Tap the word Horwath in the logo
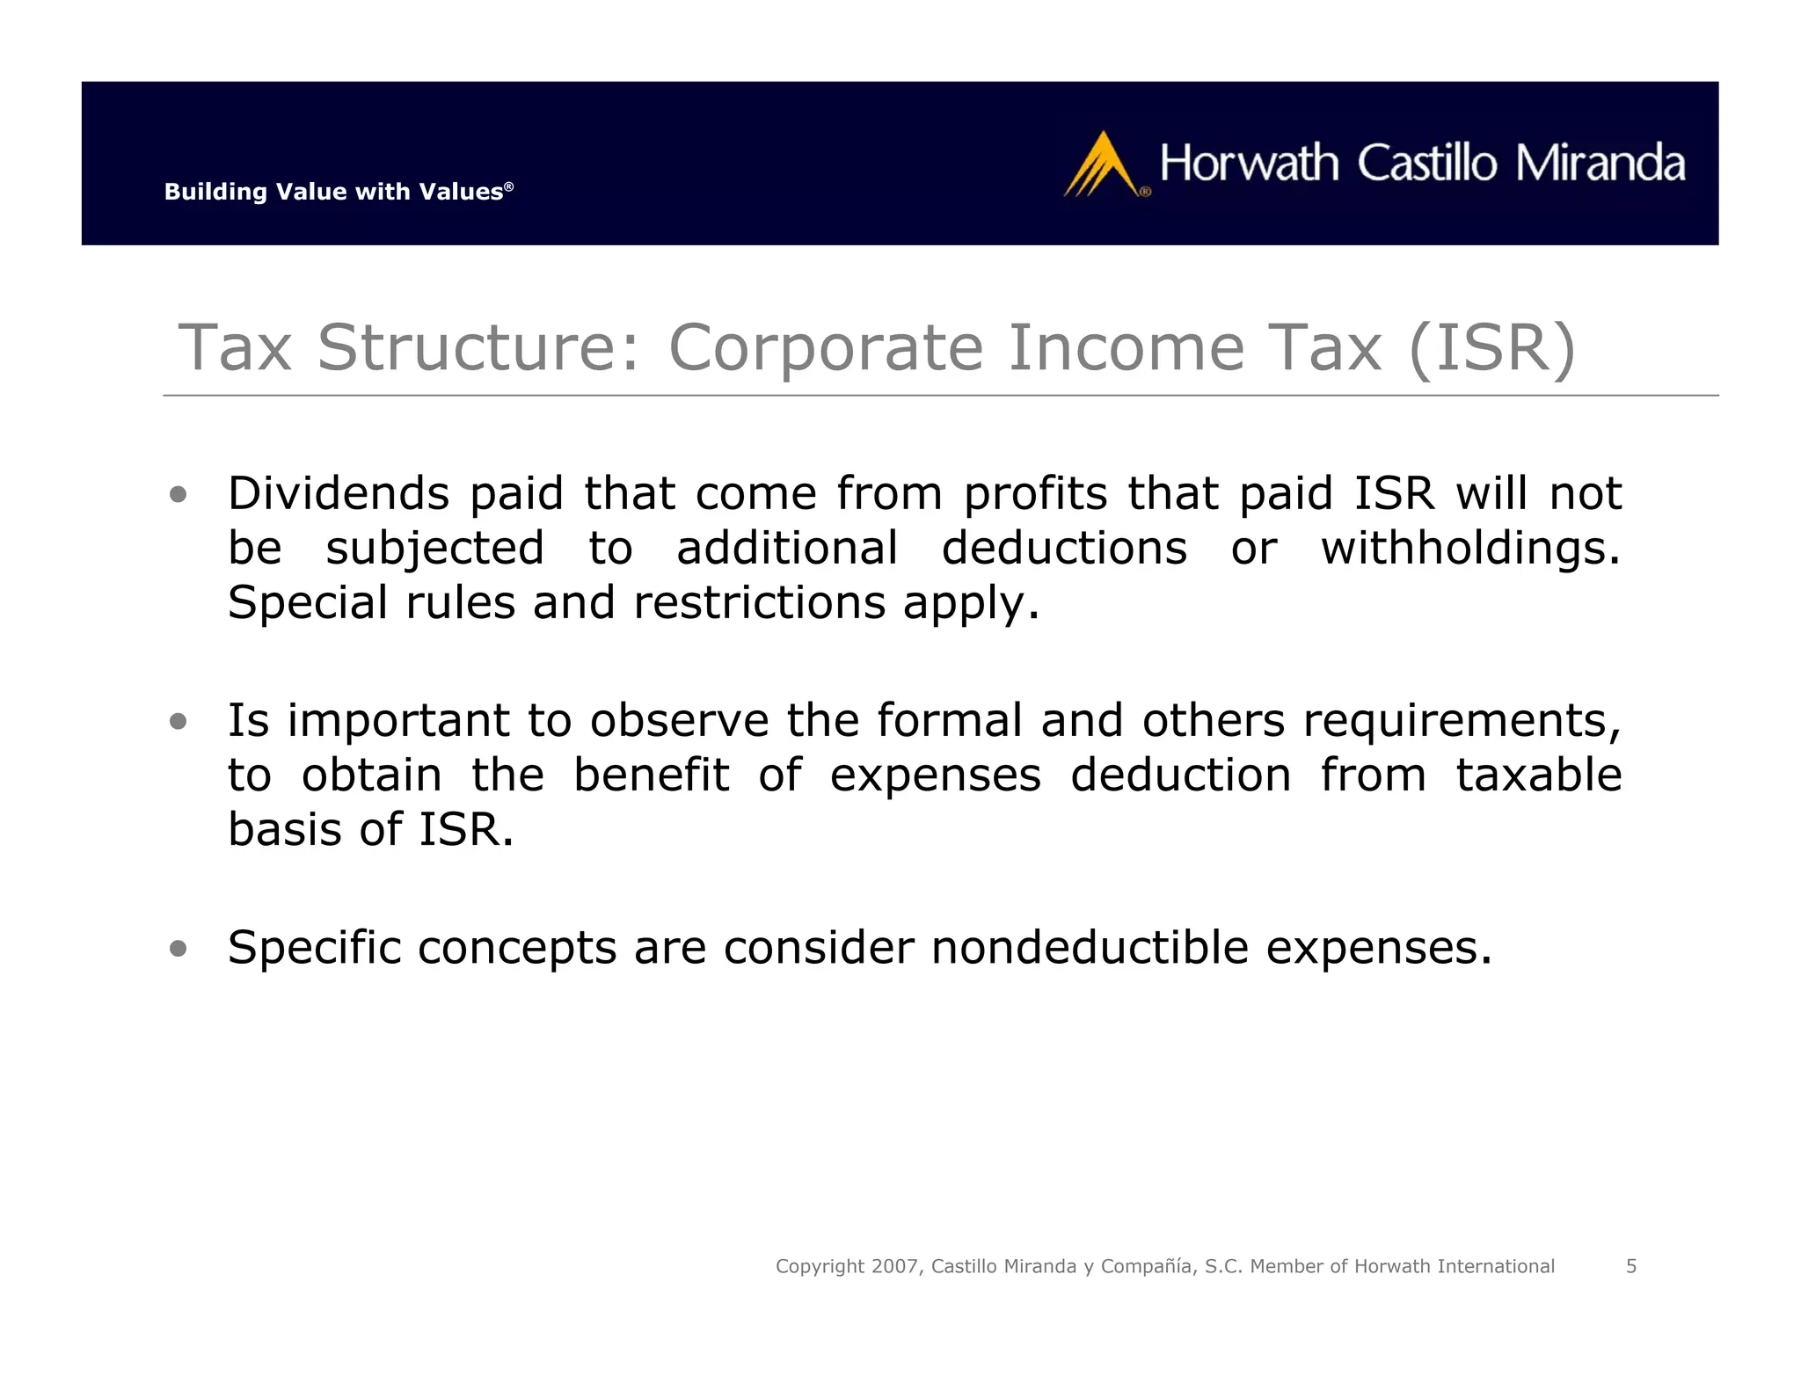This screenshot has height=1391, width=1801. tap(1250, 164)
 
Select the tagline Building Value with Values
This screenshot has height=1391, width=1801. tap(338, 192)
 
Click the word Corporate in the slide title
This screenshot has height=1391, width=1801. tap(826, 348)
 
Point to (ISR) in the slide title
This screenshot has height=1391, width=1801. tap(1491, 348)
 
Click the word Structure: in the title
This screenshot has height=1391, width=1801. tap(478, 348)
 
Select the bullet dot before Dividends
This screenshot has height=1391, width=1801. tap(179, 495)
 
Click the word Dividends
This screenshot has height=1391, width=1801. tap(339, 493)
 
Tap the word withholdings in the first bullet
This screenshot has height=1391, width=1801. tap(1470, 549)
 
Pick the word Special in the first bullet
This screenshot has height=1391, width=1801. tap(308, 603)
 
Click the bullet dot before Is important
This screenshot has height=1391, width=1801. tap(179, 722)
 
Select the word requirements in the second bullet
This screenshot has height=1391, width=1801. tap(1461, 722)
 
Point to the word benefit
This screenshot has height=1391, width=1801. tap(651, 776)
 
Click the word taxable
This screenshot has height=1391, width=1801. tap(1538, 776)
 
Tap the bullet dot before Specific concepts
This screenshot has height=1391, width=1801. tap(179, 949)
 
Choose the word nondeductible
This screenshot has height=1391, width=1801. tap(1090, 948)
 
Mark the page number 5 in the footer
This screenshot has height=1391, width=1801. tap(1631, 1266)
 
